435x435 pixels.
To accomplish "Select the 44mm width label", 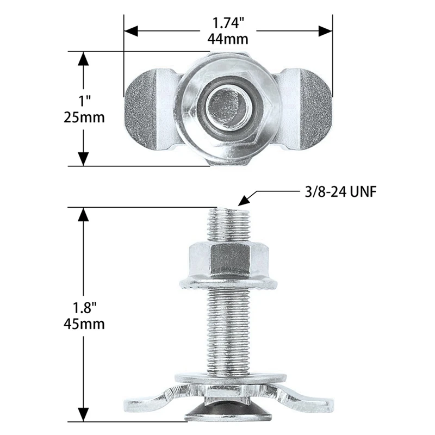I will coord(228,39).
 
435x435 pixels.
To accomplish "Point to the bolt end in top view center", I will coord(228,104).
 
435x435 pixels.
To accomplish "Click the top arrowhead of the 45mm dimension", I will coord(83,214).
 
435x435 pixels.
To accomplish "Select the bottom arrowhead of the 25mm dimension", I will coord(83,158).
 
